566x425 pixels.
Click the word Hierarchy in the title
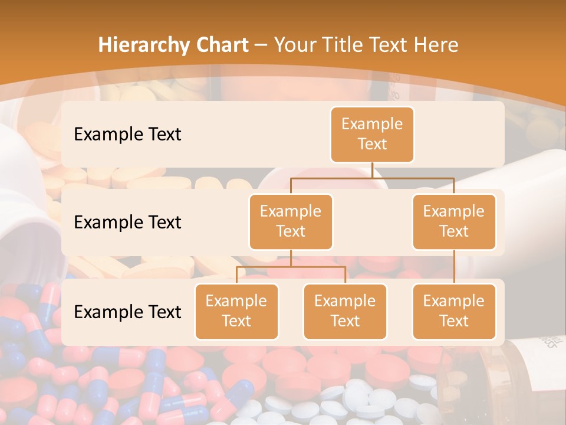coord(143,45)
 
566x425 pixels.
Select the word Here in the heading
coord(435,45)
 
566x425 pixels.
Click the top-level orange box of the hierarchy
coord(372,135)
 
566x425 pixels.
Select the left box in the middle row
coord(291,221)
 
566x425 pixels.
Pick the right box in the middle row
coord(454,221)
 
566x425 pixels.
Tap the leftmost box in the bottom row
coord(236,311)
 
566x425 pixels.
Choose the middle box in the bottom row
coord(345,311)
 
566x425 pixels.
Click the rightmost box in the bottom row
coord(454,311)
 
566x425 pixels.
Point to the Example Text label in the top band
coord(127,135)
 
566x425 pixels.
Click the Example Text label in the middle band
coord(127,223)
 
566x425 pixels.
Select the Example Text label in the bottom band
coord(127,312)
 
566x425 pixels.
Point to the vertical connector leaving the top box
coord(372,170)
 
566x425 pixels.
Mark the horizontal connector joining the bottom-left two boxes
coord(291,267)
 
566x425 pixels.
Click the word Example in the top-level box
coord(372,124)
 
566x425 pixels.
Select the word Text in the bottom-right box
coord(454,321)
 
